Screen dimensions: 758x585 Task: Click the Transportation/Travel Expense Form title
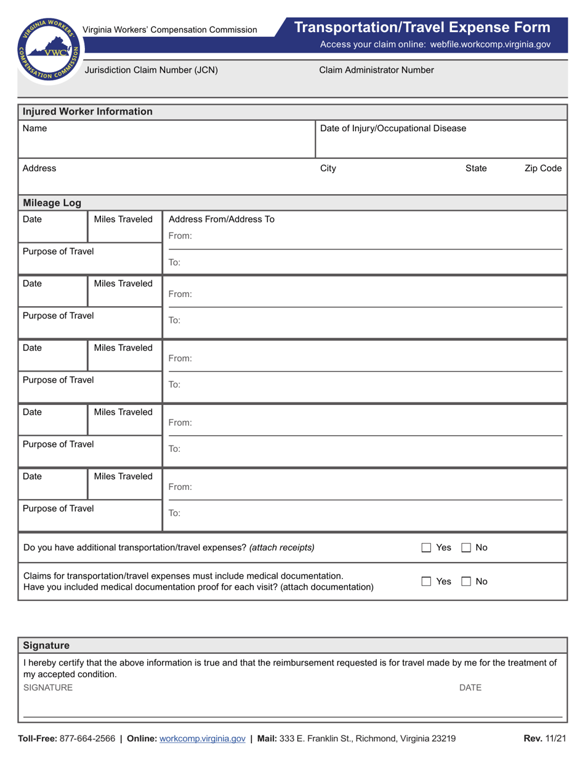click(x=422, y=27)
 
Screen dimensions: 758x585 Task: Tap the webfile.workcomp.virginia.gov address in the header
click(x=490, y=44)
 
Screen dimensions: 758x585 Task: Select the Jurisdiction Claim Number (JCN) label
click(x=151, y=70)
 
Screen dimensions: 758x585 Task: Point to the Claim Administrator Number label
click(x=376, y=70)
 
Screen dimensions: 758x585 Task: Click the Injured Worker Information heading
click(x=87, y=112)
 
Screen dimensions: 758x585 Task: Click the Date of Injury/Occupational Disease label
click(x=393, y=128)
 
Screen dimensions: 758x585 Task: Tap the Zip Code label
click(x=543, y=168)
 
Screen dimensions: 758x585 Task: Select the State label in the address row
click(x=475, y=168)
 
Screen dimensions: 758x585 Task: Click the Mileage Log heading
click(x=52, y=203)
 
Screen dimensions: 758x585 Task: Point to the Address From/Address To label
click(x=221, y=219)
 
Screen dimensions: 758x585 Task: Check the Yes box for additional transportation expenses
click(x=426, y=547)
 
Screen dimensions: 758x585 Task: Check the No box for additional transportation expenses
click(x=466, y=547)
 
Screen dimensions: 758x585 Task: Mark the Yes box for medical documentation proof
click(x=426, y=581)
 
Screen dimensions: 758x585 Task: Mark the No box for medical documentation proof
click(x=466, y=581)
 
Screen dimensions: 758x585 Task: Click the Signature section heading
click(x=46, y=645)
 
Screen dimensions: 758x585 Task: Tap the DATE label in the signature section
click(x=470, y=687)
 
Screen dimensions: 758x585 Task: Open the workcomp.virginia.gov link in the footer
click(x=202, y=738)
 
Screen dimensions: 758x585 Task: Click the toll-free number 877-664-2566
click(x=87, y=738)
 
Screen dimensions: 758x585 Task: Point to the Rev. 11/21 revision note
click(x=544, y=738)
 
